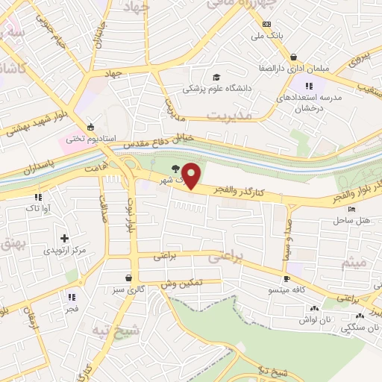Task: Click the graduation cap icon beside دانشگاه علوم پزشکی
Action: tap(216, 77)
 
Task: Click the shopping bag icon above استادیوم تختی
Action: tap(90, 125)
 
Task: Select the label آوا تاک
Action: tap(39, 209)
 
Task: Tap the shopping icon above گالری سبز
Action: tap(130, 277)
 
